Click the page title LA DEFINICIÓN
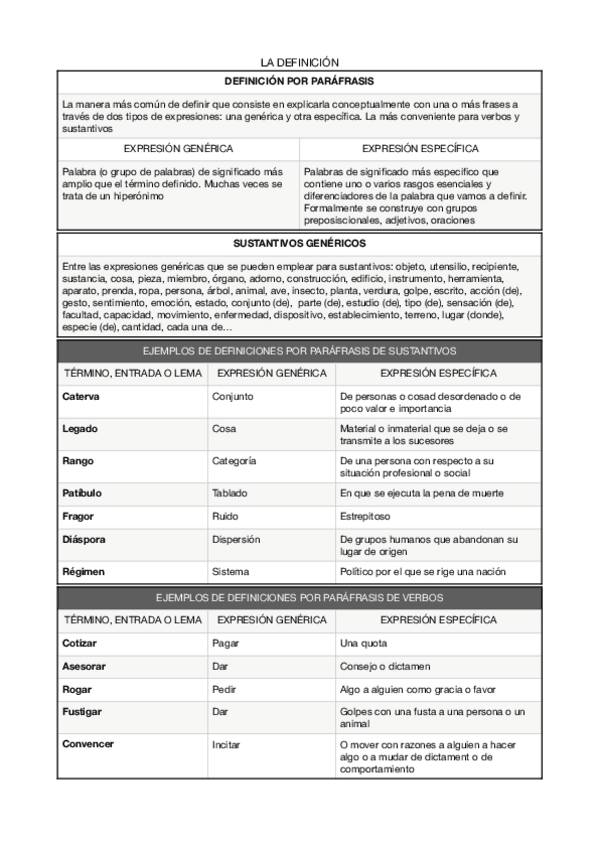tap(300, 62)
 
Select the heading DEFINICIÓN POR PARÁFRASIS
tap(299, 80)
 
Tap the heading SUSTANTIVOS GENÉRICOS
tap(299, 243)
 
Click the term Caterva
tap(81, 396)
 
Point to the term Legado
tap(80, 428)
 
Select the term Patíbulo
tap(82, 493)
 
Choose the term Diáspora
tap(84, 539)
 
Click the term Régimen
tap(83, 572)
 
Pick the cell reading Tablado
tap(230, 493)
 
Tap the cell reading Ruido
tap(225, 516)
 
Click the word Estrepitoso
tap(365, 516)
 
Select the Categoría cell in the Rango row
tap(234, 461)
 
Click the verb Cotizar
tap(80, 643)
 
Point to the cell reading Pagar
tap(225, 643)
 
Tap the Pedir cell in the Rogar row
tap(224, 689)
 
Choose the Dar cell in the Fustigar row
tap(221, 712)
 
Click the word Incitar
tap(226, 745)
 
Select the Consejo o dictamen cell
tap(386, 666)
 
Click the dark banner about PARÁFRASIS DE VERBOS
tap(299, 597)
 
